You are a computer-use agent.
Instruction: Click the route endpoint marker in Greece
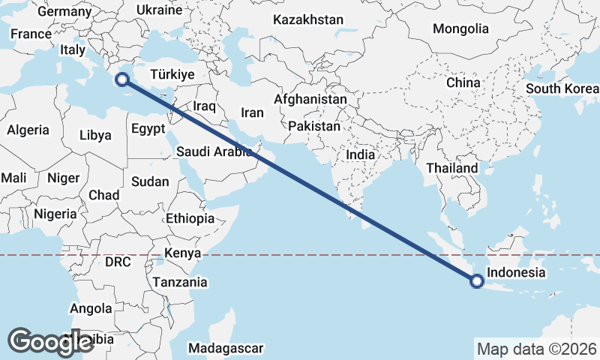(121, 79)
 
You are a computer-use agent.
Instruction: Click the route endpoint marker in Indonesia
(476, 281)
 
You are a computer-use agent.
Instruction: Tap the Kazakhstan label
(308, 19)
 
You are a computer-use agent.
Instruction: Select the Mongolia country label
(460, 28)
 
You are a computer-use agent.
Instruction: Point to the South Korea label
(561, 88)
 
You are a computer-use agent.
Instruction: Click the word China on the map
(462, 82)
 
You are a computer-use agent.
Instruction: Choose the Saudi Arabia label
(214, 151)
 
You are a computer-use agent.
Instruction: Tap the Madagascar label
(226, 348)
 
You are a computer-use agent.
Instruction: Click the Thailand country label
(452, 168)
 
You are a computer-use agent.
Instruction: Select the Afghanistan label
(310, 99)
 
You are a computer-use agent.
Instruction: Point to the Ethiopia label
(190, 218)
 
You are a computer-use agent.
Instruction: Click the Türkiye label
(172, 74)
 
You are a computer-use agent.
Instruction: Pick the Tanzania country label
(180, 282)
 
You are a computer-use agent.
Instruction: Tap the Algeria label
(28, 130)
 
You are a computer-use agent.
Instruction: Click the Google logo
(50, 341)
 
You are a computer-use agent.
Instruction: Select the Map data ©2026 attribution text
(536, 349)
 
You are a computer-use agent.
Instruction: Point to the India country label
(360, 154)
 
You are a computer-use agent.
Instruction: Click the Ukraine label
(160, 10)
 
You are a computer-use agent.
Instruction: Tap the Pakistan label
(313, 126)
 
